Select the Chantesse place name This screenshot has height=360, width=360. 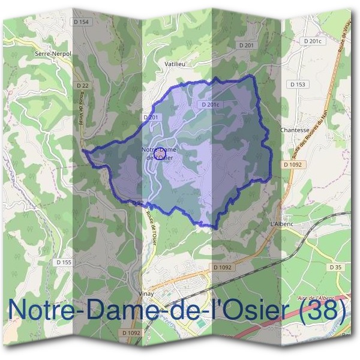[x=295, y=130]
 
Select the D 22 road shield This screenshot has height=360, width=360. [x=83, y=86]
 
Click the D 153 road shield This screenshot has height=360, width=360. [x=298, y=85]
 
